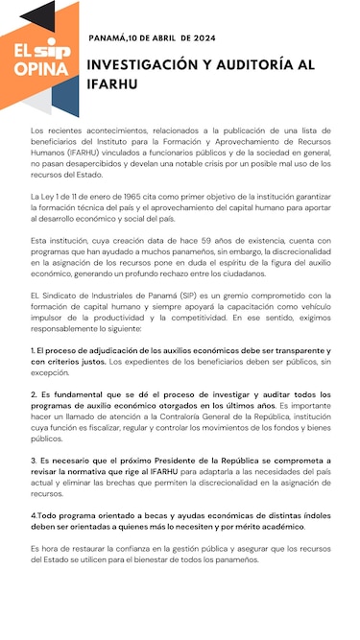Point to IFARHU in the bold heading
[x=113, y=84]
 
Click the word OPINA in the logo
[x=41, y=69]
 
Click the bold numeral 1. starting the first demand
[x=34, y=351]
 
